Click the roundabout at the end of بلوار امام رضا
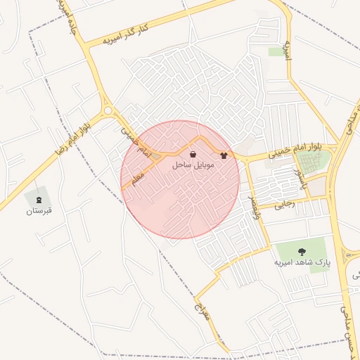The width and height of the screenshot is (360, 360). click(108, 110)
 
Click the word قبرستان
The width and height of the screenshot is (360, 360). click(39, 210)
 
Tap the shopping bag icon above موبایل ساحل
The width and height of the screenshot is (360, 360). click(193, 155)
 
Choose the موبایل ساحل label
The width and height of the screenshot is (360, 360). click(193, 167)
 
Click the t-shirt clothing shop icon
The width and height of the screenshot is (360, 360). click(224, 155)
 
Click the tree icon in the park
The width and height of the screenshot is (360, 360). click(302, 250)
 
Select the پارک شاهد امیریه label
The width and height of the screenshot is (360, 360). click(302, 262)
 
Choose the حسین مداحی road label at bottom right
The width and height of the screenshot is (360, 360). click(345, 320)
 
